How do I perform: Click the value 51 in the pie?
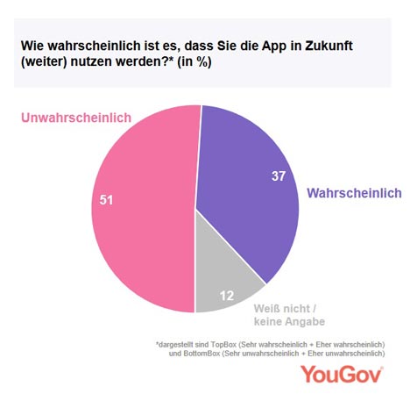(106, 200)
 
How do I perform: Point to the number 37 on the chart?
(279, 176)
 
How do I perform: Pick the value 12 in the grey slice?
(227, 296)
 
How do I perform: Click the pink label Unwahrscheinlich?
(76, 118)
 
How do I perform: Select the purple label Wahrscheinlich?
(354, 193)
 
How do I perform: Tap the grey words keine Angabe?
(289, 322)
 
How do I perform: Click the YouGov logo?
(342, 374)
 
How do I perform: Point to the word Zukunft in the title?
(329, 46)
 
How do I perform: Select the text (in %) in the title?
(194, 62)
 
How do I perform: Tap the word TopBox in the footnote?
(223, 345)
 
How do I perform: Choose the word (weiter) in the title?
(44, 62)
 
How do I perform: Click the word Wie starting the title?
(32, 46)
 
